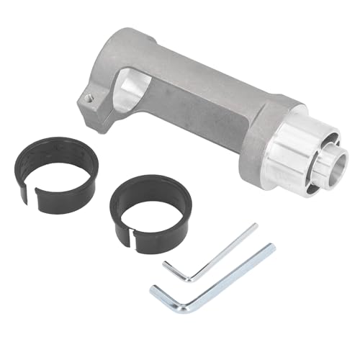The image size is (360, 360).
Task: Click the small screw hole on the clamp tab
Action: (x=88, y=96)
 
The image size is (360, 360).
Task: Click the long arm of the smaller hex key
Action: (x=216, y=248)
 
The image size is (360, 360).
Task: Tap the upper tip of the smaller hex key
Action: (x=254, y=226)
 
